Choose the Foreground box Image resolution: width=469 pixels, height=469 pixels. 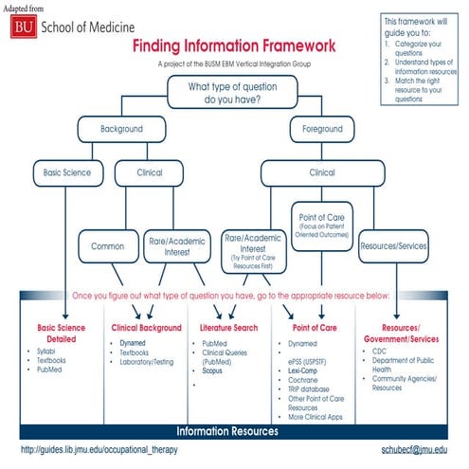[321, 128]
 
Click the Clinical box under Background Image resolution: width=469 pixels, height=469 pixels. [150, 173]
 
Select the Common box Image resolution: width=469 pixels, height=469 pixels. [107, 245]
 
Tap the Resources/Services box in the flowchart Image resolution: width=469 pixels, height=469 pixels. [393, 245]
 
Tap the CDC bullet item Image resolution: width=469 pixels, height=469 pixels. [380, 351]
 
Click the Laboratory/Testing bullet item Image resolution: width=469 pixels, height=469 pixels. [147, 360]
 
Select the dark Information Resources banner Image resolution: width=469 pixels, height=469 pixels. [235, 431]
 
